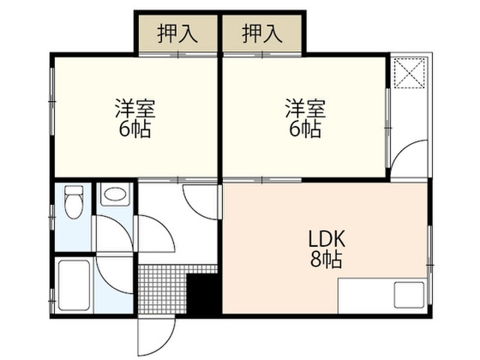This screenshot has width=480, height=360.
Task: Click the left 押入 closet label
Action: click(177, 34)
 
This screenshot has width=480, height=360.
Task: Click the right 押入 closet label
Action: click(262, 34)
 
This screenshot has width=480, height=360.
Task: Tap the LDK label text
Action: click(326, 238)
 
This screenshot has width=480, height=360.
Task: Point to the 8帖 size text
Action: click(326, 259)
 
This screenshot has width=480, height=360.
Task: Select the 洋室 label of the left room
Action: click(135, 108)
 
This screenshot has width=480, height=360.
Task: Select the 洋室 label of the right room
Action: click(305, 108)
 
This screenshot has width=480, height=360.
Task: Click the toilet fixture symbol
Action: click(73, 202)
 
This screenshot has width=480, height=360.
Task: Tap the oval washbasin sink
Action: click(115, 194)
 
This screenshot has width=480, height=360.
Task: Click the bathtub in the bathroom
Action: click(73, 285)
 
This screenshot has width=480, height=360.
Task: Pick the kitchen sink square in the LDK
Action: click(409, 295)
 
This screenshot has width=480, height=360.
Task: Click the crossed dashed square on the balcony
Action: click(409, 73)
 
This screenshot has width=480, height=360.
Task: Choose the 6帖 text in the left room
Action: click(135, 130)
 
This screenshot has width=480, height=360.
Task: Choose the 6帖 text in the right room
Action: click(305, 130)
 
